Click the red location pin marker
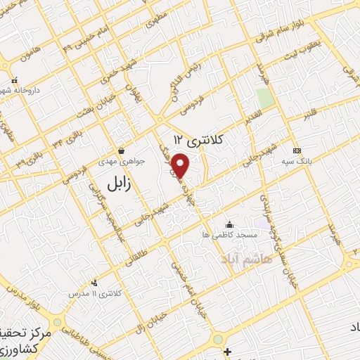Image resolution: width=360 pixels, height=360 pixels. [181, 166]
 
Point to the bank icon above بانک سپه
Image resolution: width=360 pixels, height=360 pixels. [296, 150]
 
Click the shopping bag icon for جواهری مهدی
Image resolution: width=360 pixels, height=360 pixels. [122, 150]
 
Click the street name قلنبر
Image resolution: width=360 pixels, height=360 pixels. [309, 117]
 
